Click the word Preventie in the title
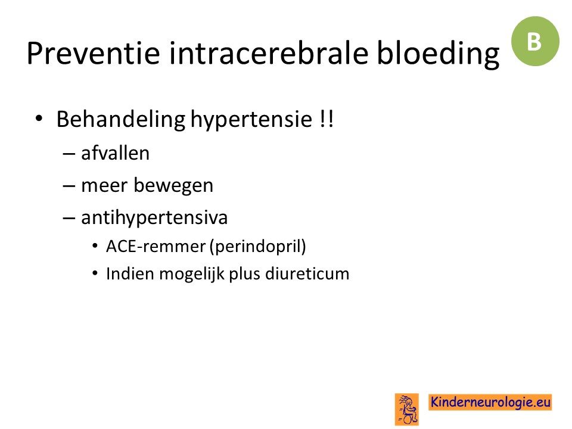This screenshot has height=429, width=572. click(94, 53)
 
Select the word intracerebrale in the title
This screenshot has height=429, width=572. click(269, 53)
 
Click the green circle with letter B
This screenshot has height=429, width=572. click(535, 41)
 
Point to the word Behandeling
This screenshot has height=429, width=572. click(121, 120)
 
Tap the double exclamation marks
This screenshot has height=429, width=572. click(326, 119)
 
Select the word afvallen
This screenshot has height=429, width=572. click(115, 153)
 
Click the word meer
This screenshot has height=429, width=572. click(104, 186)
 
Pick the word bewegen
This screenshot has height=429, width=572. click(173, 186)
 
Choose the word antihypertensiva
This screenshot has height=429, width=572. click(154, 218)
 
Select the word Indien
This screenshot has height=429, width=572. click(130, 273)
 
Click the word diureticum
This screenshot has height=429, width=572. click(307, 273)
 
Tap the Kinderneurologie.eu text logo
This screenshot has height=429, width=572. click(490, 402)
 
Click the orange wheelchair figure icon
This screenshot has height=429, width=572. click(407, 409)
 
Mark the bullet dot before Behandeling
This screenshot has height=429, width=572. click(39, 119)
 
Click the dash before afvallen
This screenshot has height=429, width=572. click(69, 154)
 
